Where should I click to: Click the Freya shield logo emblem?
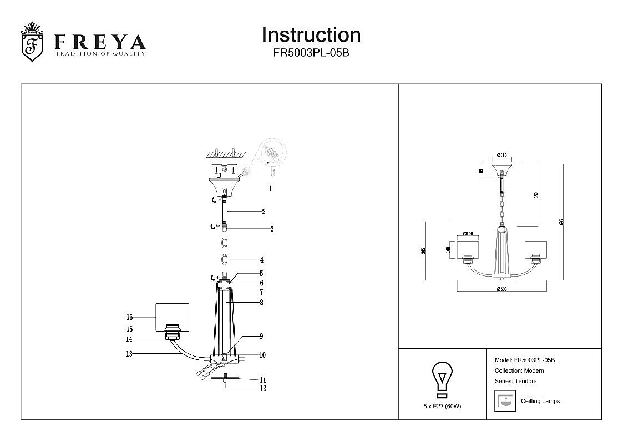tap(32, 42)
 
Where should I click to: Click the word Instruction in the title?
tap(311, 35)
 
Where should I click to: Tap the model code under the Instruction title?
tap(311, 53)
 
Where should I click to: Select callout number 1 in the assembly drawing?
tap(270, 188)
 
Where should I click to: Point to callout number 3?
tap(272, 229)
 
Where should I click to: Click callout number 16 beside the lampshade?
tap(129, 318)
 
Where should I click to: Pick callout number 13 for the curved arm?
tap(129, 354)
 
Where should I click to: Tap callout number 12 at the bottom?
tap(264, 388)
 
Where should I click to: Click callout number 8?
tap(261, 303)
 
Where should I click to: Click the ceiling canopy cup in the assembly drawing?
tap(224, 186)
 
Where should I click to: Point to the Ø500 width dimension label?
tap(502, 289)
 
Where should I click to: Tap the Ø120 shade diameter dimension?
tap(468, 234)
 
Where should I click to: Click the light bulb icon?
tap(442, 379)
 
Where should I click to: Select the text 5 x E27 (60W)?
tap(442, 406)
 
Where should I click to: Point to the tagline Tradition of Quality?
tap(100, 53)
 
